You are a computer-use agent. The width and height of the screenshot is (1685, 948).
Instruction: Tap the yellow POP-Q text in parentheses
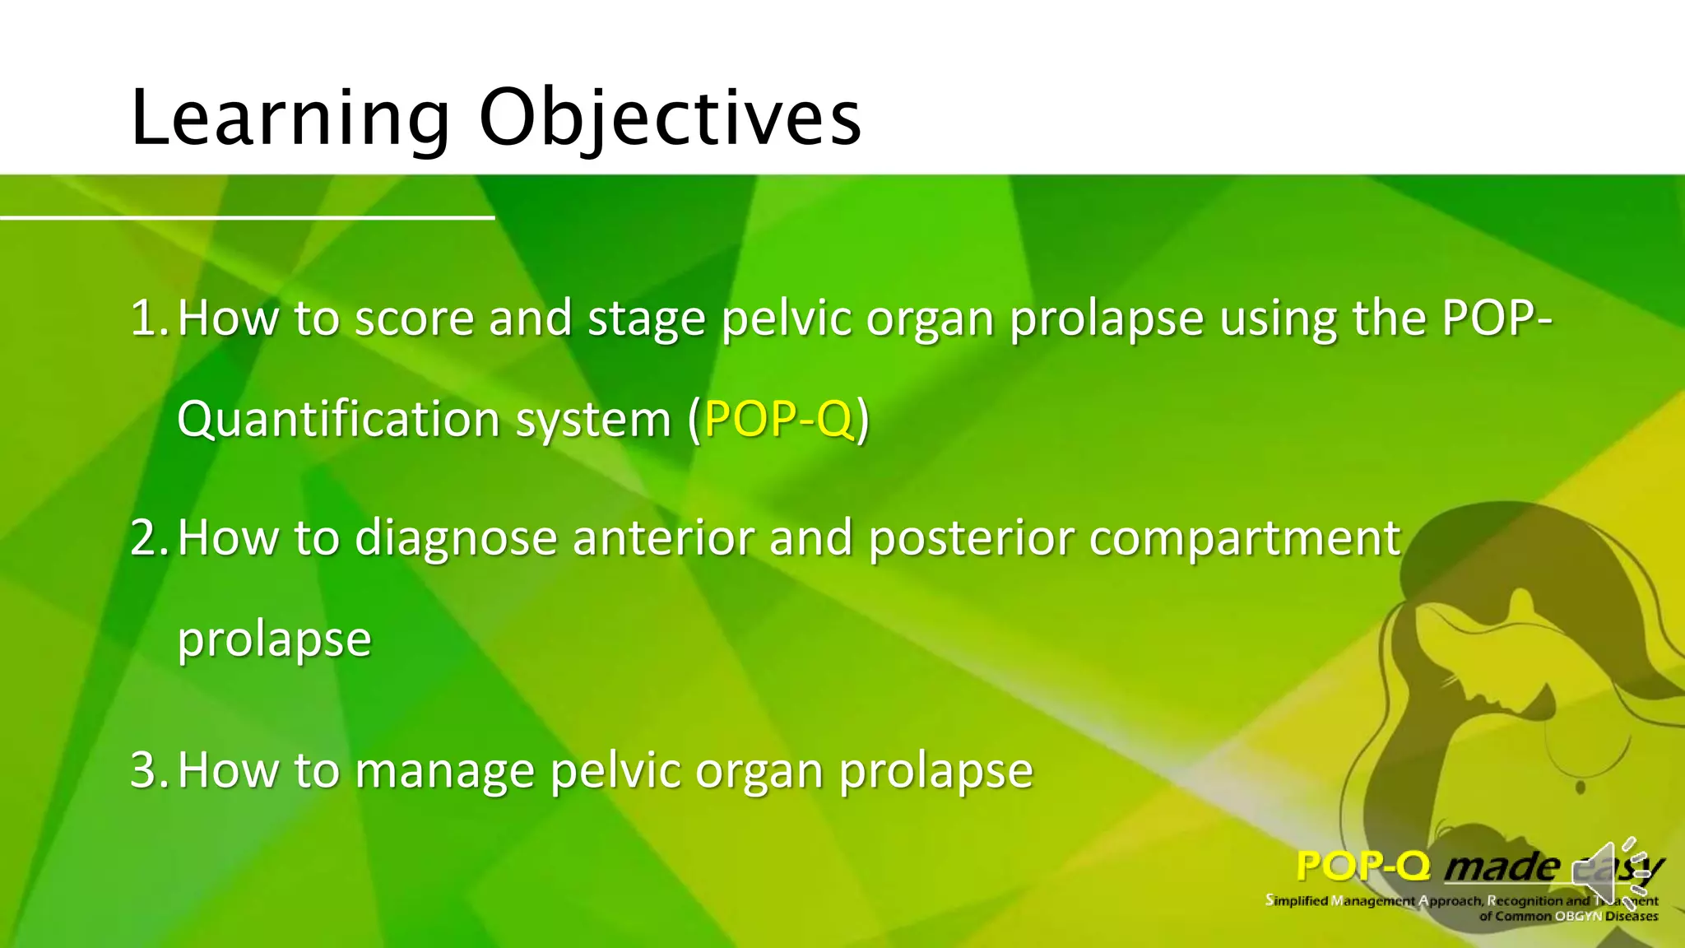(x=778, y=419)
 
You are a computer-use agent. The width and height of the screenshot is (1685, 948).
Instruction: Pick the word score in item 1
(x=414, y=319)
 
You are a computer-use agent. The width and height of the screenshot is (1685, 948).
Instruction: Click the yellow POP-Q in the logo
(x=1362, y=866)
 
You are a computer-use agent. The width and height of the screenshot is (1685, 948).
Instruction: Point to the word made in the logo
(x=1502, y=867)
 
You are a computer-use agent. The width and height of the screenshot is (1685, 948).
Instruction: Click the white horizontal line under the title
(x=247, y=217)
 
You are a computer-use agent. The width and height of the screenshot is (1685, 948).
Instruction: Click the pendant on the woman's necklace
(x=1581, y=788)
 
